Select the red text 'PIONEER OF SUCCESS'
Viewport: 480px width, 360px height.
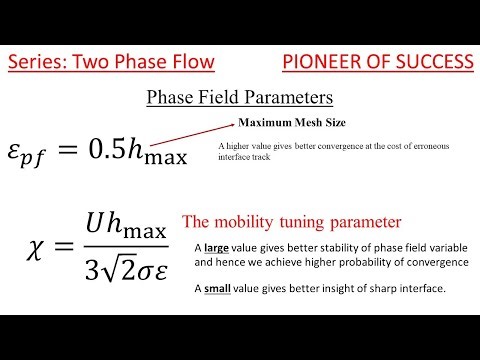pos(377,63)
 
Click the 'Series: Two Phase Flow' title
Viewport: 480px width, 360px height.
pos(111,63)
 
